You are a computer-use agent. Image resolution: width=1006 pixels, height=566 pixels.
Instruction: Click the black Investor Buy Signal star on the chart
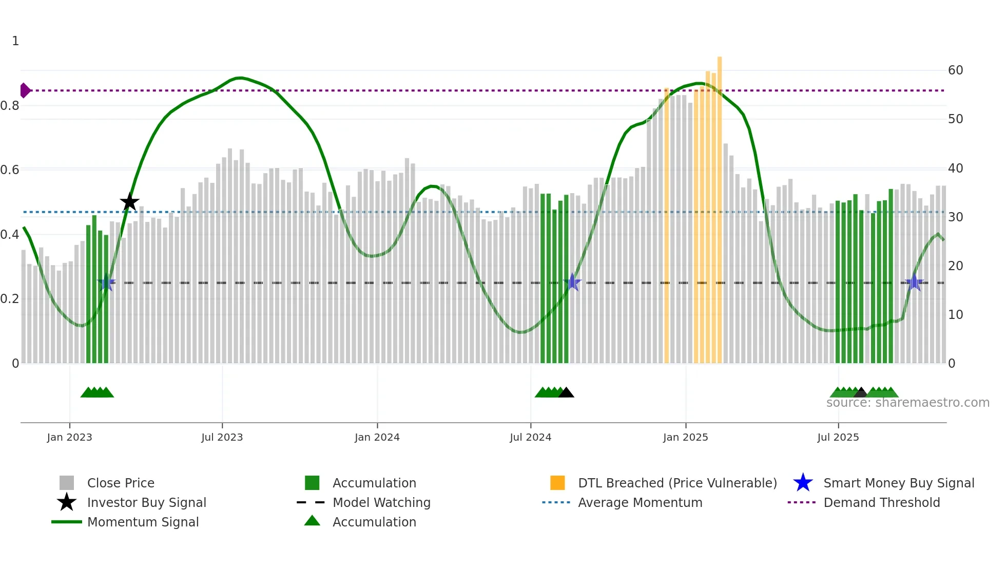pos(129,202)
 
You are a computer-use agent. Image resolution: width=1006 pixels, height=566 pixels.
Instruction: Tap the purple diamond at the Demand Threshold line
pos(25,90)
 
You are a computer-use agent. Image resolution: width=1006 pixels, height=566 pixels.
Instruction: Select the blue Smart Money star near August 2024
pos(572,282)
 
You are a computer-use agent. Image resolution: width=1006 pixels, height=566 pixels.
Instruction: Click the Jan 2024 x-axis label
pos(377,437)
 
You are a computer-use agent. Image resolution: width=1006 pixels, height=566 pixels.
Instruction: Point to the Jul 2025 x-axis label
pos(838,437)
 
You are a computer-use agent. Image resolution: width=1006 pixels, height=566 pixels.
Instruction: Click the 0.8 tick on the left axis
pos(10,106)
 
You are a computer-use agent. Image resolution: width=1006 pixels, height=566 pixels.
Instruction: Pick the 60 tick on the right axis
pos(955,70)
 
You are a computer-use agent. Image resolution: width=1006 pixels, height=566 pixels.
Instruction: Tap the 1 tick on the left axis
pos(15,41)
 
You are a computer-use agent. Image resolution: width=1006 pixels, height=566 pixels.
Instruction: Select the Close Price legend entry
pos(121,483)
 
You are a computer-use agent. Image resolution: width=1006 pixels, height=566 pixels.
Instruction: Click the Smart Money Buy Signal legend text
pos(899,483)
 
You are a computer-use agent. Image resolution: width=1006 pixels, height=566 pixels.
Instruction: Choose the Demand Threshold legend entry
pos(881,502)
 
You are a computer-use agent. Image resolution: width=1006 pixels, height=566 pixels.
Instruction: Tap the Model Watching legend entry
pos(381,502)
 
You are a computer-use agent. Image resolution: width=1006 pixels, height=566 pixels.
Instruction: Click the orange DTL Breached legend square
pos(557,483)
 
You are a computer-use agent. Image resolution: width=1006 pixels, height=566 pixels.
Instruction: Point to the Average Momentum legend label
pos(640,502)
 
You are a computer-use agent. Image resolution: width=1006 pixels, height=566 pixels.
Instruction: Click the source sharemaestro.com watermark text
pos(907,403)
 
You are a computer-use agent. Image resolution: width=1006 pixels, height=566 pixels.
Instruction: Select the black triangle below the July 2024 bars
pos(566,393)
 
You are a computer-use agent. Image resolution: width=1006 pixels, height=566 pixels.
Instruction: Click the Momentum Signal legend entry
pos(143,522)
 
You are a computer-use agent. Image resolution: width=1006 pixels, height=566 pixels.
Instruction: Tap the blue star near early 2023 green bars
pos(106,282)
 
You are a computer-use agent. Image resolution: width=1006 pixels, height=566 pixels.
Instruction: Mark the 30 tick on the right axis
pos(955,217)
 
